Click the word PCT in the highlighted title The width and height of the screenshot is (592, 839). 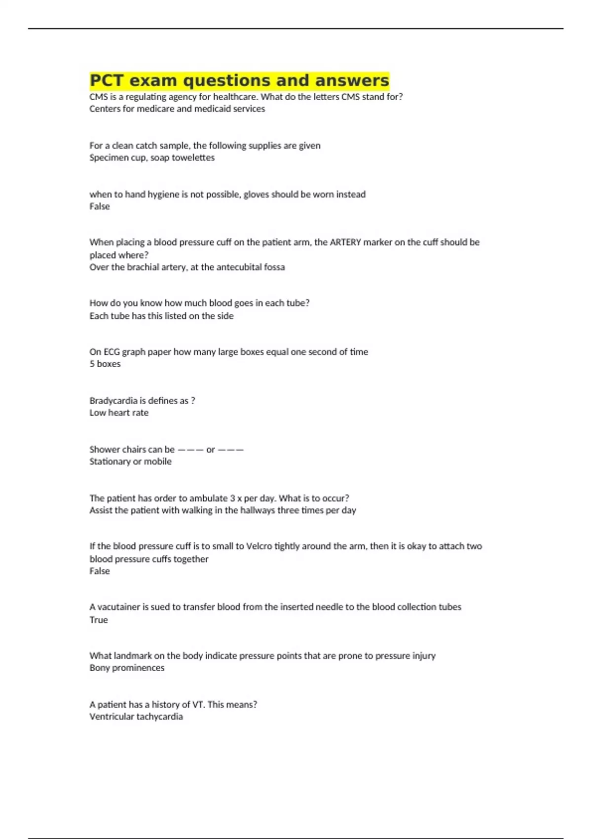click(106, 80)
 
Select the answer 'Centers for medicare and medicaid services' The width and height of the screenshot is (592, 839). click(177, 109)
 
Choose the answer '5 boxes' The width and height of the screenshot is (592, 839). click(105, 364)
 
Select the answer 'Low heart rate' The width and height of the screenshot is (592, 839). click(119, 413)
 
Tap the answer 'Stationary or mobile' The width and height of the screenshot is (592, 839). click(131, 461)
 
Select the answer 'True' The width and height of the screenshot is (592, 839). click(99, 620)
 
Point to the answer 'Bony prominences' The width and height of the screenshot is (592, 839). click(127, 668)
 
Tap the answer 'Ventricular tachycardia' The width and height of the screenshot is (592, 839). click(136, 717)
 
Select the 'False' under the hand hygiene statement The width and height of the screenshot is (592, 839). click(100, 206)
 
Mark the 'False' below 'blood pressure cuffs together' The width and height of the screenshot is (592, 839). click(100, 571)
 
